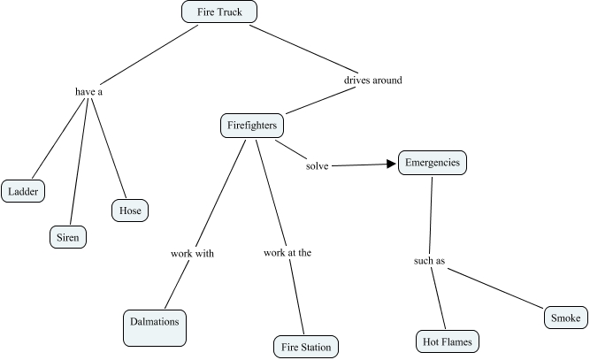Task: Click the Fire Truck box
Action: click(x=219, y=11)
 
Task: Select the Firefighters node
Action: click(x=252, y=126)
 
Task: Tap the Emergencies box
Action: click(x=433, y=163)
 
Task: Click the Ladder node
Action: click(x=23, y=191)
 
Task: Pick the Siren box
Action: click(x=68, y=237)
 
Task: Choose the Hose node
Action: click(x=130, y=211)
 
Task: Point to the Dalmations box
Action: click(x=155, y=328)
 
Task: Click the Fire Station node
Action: click(x=306, y=347)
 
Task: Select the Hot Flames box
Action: click(x=448, y=341)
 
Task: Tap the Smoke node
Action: click(x=565, y=318)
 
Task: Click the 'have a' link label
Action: click(x=88, y=92)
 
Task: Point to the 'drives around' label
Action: click(x=373, y=80)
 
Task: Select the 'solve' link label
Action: click(x=318, y=166)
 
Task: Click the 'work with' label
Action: click(x=192, y=253)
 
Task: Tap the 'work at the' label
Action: click(x=287, y=252)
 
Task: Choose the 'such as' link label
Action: click(x=429, y=261)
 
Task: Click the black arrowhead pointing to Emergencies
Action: click(x=391, y=164)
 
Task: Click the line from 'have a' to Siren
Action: click(x=79, y=161)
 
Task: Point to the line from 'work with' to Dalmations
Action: click(x=177, y=284)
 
